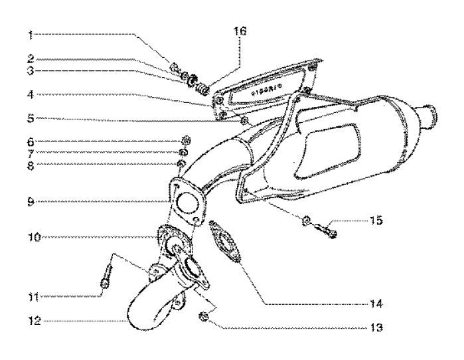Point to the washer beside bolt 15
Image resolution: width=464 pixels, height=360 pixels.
(x=307, y=221)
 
